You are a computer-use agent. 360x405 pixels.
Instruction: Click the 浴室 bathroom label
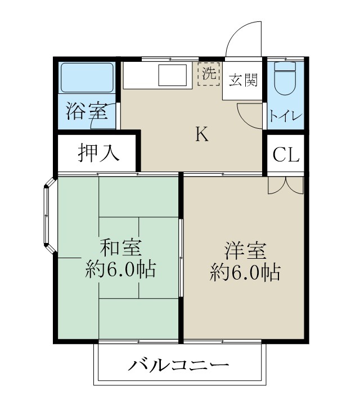pyautogui.click(x=87, y=111)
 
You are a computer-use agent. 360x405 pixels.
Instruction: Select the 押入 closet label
pyautogui.click(x=98, y=152)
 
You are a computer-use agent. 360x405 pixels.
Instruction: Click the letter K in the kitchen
pyautogui.click(x=202, y=134)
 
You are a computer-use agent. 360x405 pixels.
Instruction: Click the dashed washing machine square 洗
pyautogui.click(x=209, y=74)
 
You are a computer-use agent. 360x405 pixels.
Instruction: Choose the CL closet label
pyautogui.click(x=285, y=154)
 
